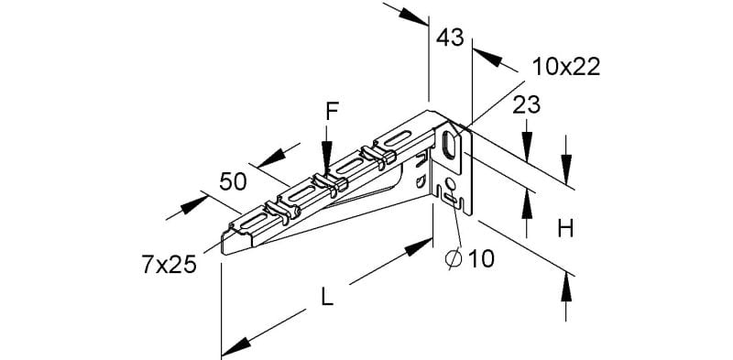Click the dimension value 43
[450, 38]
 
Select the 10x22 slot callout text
[566, 68]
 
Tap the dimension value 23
[526, 105]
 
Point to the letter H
[565, 229]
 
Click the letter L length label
[328, 298]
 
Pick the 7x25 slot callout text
[169, 266]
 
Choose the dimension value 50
[233, 181]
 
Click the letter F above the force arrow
[332, 112]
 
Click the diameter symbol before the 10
[454, 259]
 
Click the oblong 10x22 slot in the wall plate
[450, 143]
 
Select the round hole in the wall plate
[451, 184]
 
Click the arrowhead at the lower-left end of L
[234, 348]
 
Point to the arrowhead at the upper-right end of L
[419, 246]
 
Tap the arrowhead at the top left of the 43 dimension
[413, 16]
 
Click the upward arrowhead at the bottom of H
[566, 286]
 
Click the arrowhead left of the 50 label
[194, 205]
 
